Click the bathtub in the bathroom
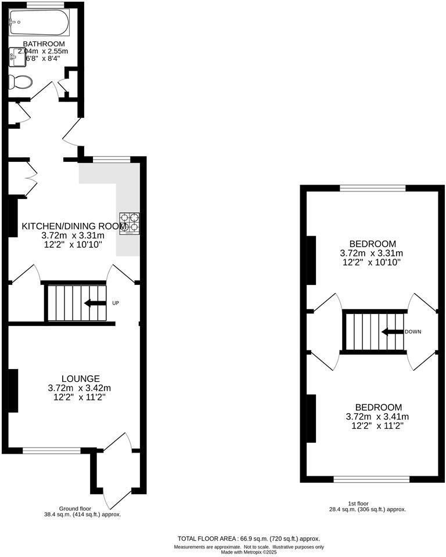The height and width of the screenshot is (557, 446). pyautogui.click(x=39, y=24)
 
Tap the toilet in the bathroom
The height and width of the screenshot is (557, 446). pyautogui.click(x=21, y=82)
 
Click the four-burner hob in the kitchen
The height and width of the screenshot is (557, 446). pyautogui.click(x=130, y=223)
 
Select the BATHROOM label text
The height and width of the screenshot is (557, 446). pyautogui.click(x=44, y=44)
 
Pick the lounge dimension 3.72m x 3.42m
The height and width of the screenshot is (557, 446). pyautogui.click(x=79, y=388)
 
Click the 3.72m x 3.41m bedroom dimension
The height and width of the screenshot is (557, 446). pyautogui.click(x=377, y=417)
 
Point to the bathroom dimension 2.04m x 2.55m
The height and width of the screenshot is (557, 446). pyautogui.click(x=42, y=52)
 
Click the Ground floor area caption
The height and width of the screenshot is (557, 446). pyautogui.click(x=82, y=511)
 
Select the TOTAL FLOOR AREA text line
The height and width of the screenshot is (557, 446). pyautogui.click(x=249, y=538)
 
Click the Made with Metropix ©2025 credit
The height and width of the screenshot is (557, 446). pyautogui.click(x=249, y=552)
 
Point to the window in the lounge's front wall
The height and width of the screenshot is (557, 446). pyautogui.click(x=51, y=450)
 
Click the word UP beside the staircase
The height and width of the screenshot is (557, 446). pyautogui.click(x=115, y=303)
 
